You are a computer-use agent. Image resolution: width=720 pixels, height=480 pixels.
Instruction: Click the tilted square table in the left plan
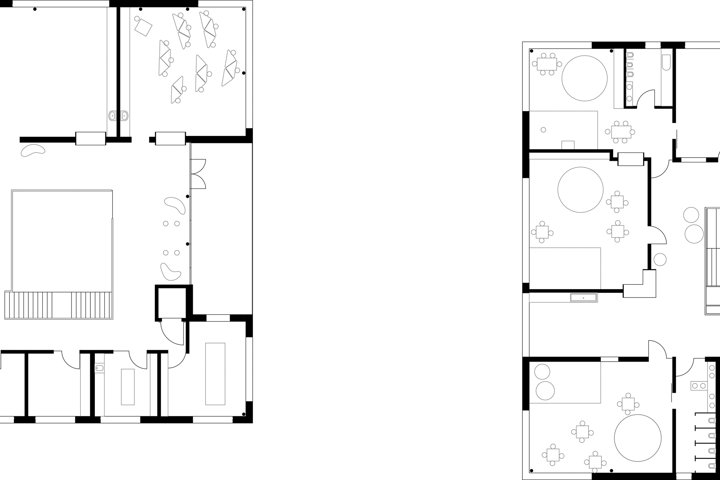pyautogui.click(x=143, y=27)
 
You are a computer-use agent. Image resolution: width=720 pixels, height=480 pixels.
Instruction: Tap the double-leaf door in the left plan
pyautogui.click(x=198, y=174)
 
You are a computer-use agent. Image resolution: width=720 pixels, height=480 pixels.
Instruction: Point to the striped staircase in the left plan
pyautogui.click(x=58, y=305)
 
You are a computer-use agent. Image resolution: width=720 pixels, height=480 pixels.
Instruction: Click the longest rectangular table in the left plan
pyautogui.click(x=215, y=374)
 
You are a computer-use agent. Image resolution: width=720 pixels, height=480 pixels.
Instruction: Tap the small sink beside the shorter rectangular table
pyautogui.click(x=100, y=368)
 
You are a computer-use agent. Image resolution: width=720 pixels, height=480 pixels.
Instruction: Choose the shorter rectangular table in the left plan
pyautogui.click(x=128, y=387)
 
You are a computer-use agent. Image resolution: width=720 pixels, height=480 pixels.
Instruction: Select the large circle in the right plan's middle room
pyautogui.click(x=580, y=190)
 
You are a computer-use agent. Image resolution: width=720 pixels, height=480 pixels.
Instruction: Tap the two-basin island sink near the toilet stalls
pyautogui.click(x=698, y=386)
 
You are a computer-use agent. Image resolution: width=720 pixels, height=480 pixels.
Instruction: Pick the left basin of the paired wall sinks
pyautogui.click(x=112, y=116)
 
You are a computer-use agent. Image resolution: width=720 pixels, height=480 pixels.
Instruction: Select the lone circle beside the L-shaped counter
pyautogui.click(x=660, y=260)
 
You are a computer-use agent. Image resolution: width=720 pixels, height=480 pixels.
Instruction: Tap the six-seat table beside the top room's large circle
pyautogui.click(x=546, y=64)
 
